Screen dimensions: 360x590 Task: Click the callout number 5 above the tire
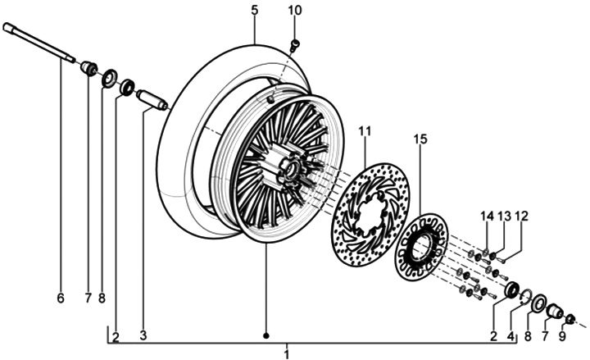point(254,11)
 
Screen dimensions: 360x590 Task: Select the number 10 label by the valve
point(295,11)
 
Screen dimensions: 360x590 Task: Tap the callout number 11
point(365,131)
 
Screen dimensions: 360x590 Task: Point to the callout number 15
point(420,140)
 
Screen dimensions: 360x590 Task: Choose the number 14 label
point(487,216)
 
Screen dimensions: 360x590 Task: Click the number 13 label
point(504,216)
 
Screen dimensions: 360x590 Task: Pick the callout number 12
point(522,216)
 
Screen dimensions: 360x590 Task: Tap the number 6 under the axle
point(60,298)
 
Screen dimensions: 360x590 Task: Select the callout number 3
point(143,336)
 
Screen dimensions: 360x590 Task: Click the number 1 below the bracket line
point(287,354)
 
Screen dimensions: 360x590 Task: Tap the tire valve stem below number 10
point(296,43)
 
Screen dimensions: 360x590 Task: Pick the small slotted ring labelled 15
point(421,247)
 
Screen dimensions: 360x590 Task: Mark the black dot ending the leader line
point(265,336)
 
